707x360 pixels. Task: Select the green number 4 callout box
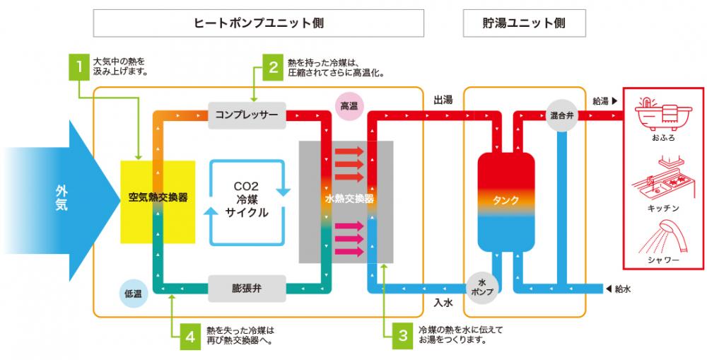(x=189, y=335)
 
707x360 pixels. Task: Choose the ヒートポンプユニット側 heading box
(x=258, y=23)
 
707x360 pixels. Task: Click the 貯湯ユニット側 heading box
(x=524, y=23)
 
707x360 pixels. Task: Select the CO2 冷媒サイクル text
(x=246, y=199)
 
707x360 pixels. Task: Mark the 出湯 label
(x=443, y=101)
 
